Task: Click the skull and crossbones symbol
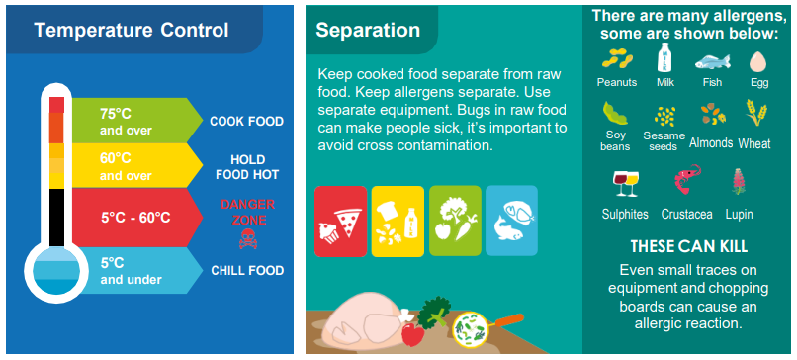[x=247, y=239]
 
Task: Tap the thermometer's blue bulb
[x=56, y=275]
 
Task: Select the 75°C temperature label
[x=116, y=114]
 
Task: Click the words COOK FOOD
[x=246, y=122]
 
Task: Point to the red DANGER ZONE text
[x=247, y=212]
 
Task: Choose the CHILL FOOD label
[x=247, y=271]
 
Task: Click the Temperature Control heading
[x=132, y=30]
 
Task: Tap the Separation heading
[x=368, y=30]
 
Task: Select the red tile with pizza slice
[x=340, y=221]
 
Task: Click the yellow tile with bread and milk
[x=398, y=221]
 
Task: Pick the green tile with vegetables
[x=455, y=221]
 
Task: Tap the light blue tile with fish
[x=511, y=221]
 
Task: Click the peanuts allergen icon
[x=617, y=59]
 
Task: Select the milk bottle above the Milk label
[x=664, y=57]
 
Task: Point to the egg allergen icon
[x=758, y=62]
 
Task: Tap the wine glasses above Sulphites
[x=626, y=183]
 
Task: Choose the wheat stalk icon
[x=755, y=113]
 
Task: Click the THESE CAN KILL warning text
[x=689, y=246]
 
